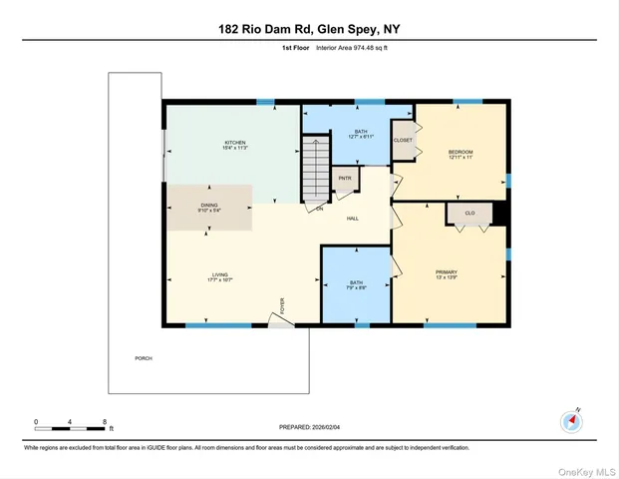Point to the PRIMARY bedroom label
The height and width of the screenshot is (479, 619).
[446, 270]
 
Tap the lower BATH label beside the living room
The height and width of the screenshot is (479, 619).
[356, 282]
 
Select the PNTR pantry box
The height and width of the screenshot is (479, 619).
[345, 179]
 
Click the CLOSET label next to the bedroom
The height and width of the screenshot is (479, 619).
[403, 141]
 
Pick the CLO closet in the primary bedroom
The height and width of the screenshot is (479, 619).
[468, 213]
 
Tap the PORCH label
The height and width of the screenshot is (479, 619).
[144, 357]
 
